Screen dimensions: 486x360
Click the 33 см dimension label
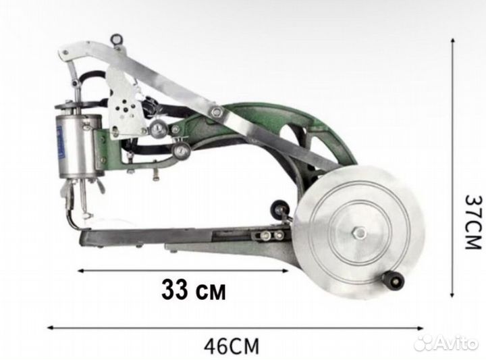(194, 290)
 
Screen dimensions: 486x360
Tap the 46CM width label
(232, 346)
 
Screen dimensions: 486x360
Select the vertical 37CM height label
(474, 222)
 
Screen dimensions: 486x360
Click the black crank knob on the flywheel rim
(394, 280)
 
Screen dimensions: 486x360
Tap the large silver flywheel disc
(358, 232)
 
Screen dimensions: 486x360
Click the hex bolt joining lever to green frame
(217, 111)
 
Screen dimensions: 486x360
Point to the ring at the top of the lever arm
(117, 40)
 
